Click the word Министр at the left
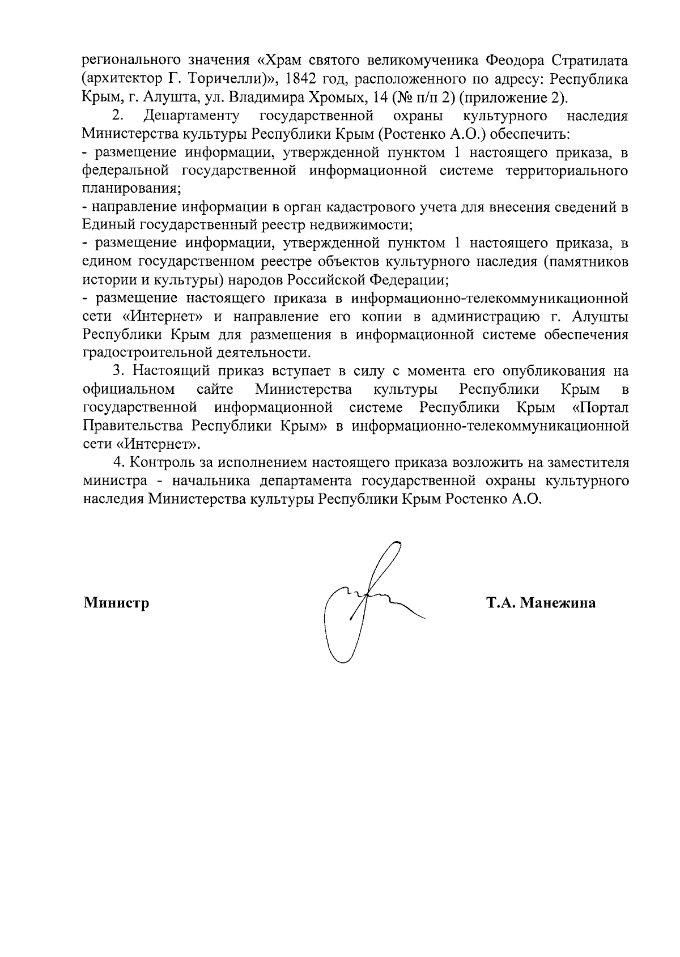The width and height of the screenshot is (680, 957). [117, 603]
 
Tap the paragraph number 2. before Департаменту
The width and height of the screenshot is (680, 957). [118, 116]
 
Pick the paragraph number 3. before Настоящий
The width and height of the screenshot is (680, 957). [118, 371]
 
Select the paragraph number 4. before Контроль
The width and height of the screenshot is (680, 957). [118, 462]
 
